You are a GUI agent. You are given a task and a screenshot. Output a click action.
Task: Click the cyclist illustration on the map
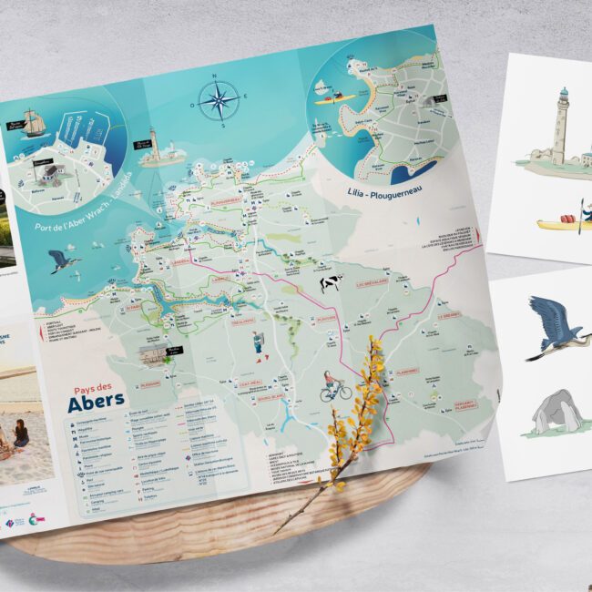pos(335,386)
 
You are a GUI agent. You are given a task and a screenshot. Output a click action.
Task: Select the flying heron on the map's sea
pos(65,262)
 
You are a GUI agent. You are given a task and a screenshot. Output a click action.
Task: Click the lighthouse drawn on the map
pos(154,144)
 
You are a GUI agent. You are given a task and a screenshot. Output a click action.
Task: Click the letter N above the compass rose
pos(215,76)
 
